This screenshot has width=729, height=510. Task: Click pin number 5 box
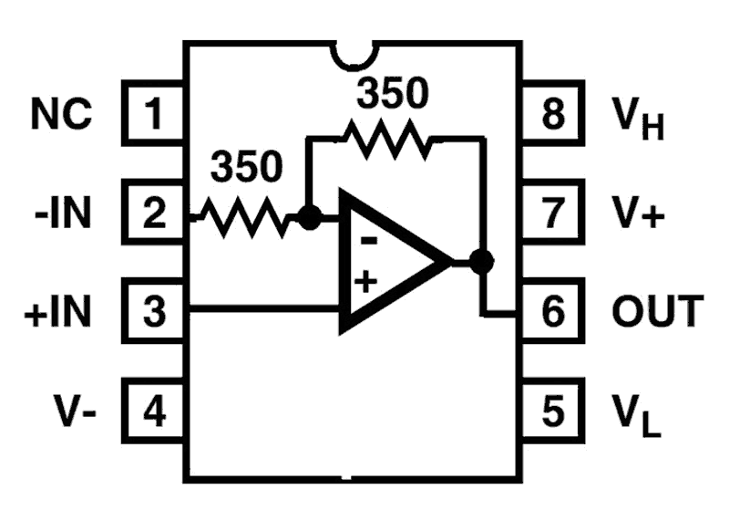point(552,411)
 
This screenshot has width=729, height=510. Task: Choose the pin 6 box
point(552,311)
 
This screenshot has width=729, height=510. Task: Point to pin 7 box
point(552,213)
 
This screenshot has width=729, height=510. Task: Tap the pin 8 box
point(552,113)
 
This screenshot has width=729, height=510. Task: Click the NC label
point(61,113)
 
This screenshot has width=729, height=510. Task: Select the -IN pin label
point(63,213)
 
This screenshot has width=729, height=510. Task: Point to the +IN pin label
point(57,312)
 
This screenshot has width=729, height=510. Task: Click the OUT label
point(657,311)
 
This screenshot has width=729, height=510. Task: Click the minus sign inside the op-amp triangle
point(369,241)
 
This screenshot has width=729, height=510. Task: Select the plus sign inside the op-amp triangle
point(366,282)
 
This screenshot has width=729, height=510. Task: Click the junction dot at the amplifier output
point(482,262)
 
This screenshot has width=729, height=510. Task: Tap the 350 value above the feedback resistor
point(392,94)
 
